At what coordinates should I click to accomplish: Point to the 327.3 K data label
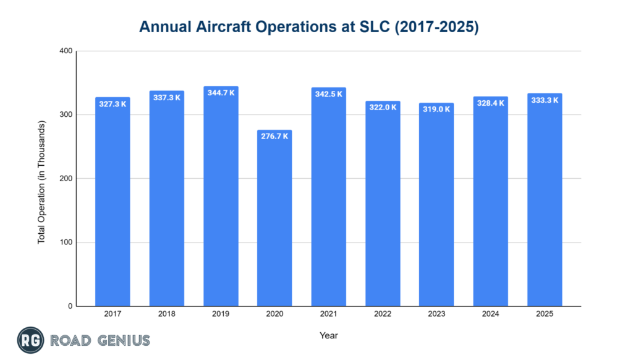(113, 103)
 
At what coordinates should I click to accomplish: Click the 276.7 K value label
(274, 136)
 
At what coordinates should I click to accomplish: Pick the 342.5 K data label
(328, 94)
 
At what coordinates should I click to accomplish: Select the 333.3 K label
(545, 100)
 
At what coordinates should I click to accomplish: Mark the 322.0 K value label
(383, 107)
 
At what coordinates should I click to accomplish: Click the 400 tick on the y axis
(66, 51)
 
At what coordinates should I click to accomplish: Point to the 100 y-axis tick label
(66, 242)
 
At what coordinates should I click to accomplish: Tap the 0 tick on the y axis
(70, 306)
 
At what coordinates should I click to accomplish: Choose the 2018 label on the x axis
(166, 314)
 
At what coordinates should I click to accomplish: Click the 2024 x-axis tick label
(490, 314)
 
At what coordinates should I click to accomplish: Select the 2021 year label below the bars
(328, 314)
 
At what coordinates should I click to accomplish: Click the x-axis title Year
(328, 335)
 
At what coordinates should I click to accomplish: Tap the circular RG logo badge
(30, 340)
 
